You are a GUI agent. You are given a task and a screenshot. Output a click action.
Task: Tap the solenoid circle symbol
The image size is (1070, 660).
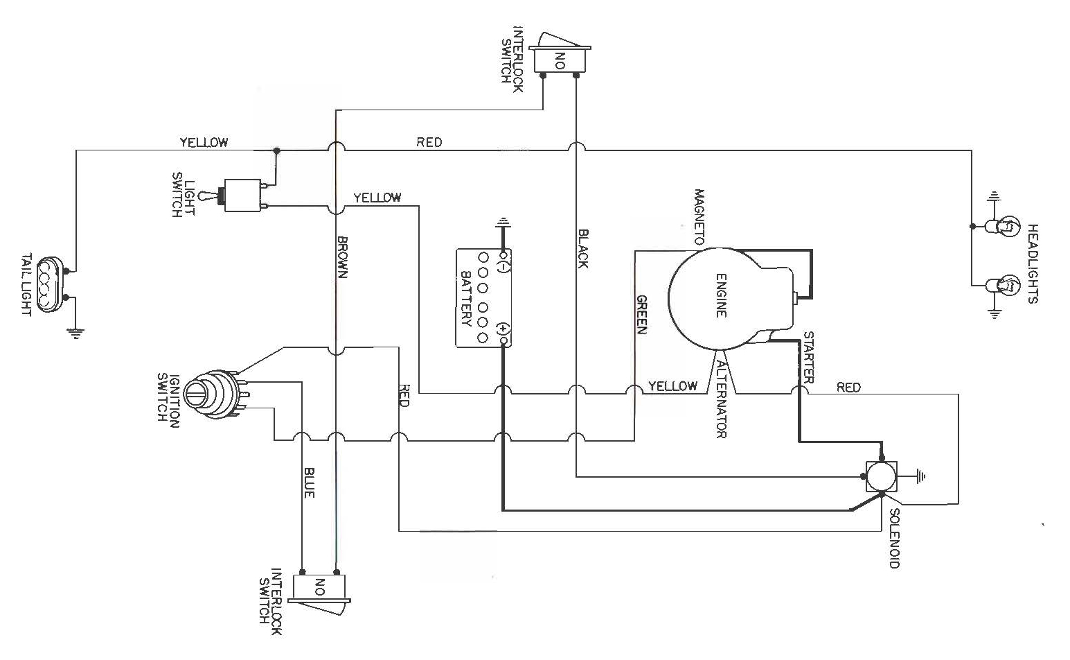point(882,477)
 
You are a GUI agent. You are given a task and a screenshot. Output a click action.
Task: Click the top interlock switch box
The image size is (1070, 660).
point(560,59)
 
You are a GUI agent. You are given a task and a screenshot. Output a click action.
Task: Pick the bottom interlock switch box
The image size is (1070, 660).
point(319,587)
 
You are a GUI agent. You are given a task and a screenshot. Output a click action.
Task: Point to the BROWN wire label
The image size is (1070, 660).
point(342,257)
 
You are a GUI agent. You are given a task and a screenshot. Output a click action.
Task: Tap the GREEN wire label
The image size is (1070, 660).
point(642,315)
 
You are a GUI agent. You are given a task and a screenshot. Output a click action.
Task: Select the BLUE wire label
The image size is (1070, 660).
point(309,481)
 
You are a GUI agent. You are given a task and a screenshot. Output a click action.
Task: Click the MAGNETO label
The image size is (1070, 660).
point(699,218)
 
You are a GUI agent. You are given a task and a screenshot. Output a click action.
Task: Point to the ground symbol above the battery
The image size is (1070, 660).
point(503,223)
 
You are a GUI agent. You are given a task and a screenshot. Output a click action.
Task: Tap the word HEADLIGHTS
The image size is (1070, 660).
point(1033,263)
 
